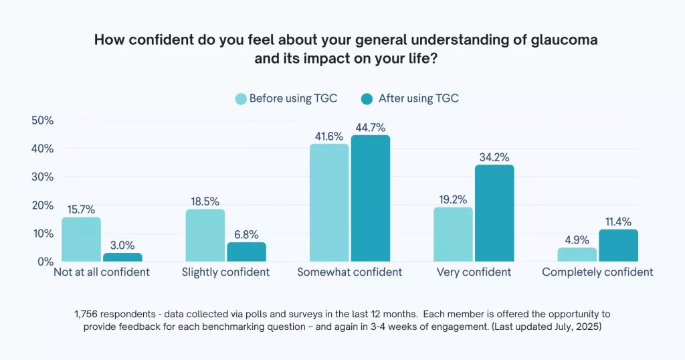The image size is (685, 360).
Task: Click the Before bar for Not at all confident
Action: coord(81,239)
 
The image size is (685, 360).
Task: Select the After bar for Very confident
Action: coord(494,213)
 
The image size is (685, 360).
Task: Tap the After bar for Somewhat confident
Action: coord(370,198)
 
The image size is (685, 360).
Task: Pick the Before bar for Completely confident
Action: coord(577,254)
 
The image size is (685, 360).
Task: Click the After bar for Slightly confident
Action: coord(246,252)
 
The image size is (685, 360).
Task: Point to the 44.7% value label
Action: coord(370,127)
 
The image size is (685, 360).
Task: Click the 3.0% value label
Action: coord(122,245)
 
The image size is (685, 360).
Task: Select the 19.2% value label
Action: coord(453,199)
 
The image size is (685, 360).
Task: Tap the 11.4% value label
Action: coord(618,221)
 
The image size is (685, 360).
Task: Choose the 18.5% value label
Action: coord(205,201)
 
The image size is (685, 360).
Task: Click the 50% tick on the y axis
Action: coord(43,120)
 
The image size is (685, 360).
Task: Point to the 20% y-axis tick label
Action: coord(43,205)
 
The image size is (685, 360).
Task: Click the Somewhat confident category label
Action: coord(350,272)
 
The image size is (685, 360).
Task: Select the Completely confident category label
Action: coord(597,272)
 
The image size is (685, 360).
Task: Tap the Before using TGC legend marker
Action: coord(240,99)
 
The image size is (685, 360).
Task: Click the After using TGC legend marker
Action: coord(367,99)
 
